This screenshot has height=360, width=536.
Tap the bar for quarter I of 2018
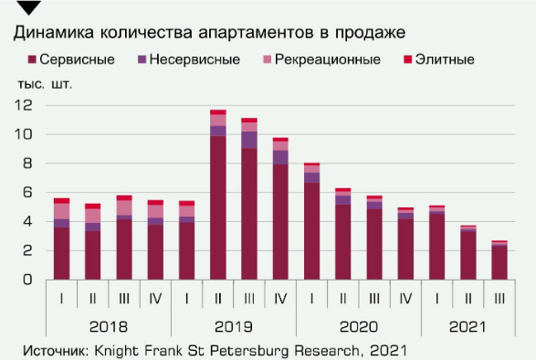pyautogui.click(x=61, y=238)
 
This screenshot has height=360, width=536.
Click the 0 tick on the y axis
pyautogui.click(x=27, y=279)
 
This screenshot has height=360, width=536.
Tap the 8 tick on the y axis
pyautogui.click(x=27, y=164)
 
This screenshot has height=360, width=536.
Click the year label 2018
pyautogui.click(x=108, y=326)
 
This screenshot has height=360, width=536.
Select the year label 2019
pyautogui.click(x=233, y=326)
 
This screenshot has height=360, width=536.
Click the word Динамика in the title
pyautogui.click(x=51, y=33)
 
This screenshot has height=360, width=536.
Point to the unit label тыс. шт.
pyautogui.click(x=44, y=83)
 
